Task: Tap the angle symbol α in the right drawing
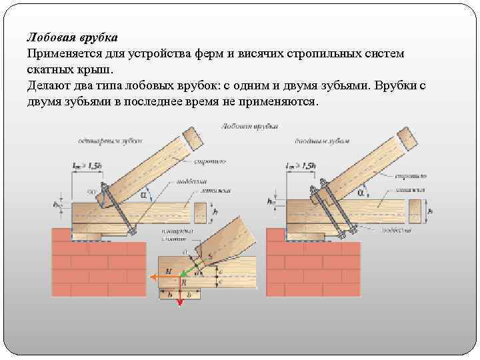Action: coord(361,193)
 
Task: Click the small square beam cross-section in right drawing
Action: coord(417,214)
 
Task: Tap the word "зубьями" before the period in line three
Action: coord(347,87)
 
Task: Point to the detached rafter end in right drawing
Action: coord(406,137)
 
